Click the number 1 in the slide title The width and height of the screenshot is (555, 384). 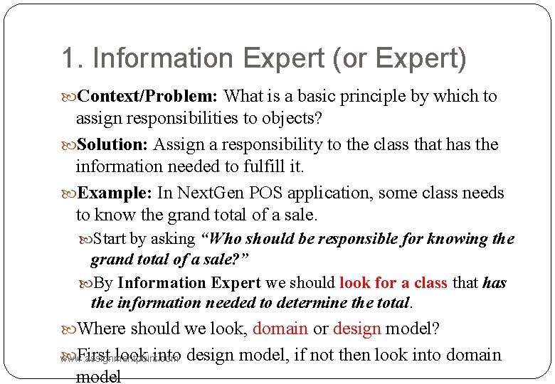(68, 59)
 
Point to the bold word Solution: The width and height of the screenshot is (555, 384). (112, 145)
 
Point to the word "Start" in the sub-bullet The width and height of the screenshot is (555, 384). (110, 239)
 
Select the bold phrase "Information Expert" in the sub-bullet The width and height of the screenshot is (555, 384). (189, 283)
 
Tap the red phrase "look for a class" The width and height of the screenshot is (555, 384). (393, 283)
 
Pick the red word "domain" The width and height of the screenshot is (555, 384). (280, 329)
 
